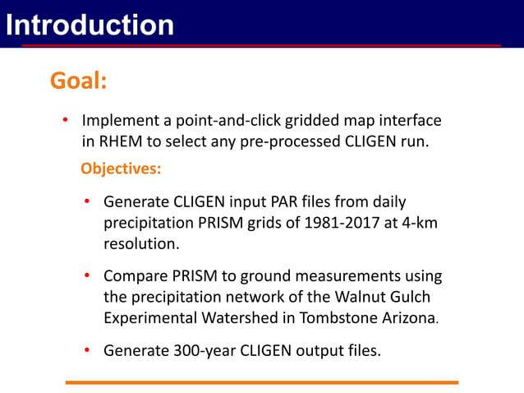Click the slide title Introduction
pyautogui.click(x=89, y=25)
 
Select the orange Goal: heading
pyautogui.click(x=79, y=81)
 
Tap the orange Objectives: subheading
pyautogui.click(x=121, y=169)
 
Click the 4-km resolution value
pyautogui.click(x=418, y=223)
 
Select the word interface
pyautogui.click(x=409, y=121)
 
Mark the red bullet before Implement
pyautogui.click(x=65, y=121)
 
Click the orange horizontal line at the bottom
pyautogui.click(x=261, y=382)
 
